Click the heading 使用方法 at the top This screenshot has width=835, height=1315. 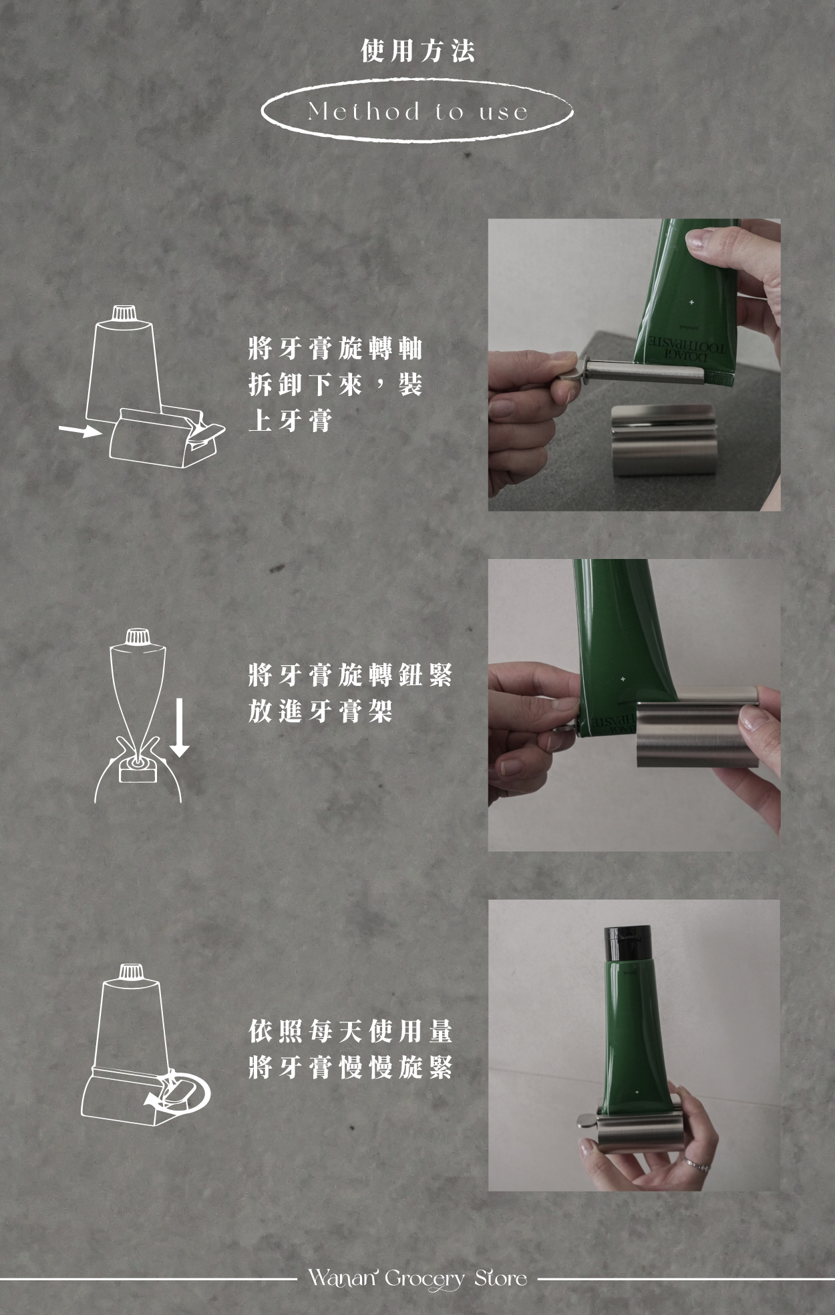[x=417, y=51]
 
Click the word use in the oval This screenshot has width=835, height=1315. [x=504, y=112]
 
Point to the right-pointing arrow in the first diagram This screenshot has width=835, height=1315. [x=79, y=430]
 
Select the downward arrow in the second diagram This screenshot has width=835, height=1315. [x=179, y=727]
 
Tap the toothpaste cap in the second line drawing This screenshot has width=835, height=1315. [x=138, y=636]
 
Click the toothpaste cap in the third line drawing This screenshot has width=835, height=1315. [x=131, y=972]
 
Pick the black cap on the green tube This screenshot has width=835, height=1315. [x=627, y=943]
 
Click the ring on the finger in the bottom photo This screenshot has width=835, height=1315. [x=697, y=1165]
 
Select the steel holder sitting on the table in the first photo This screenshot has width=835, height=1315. [x=662, y=439]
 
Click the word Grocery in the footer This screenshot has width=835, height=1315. [x=425, y=1280]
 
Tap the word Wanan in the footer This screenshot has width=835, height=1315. [x=341, y=1278]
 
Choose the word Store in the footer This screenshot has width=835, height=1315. [x=501, y=1278]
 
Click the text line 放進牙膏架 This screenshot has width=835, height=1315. [x=320, y=711]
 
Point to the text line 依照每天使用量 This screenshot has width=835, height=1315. [x=351, y=1031]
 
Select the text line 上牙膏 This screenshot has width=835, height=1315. [x=290, y=421]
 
